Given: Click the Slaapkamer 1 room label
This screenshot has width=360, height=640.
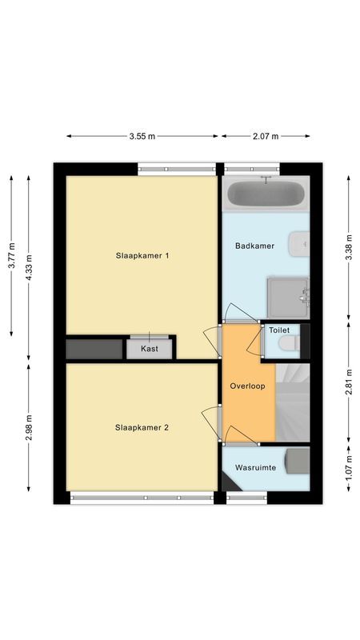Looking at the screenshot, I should pyautogui.click(x=142, y=256).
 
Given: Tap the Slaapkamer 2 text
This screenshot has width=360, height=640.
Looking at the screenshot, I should pyautogui.click(x=142, y=427).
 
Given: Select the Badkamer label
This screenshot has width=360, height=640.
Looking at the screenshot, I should pyautogui.click(x=254, y=246).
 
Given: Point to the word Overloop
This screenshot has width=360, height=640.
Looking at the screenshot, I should pyautogui.click(x=246, y=385).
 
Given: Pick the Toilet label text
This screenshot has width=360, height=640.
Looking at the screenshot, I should pyautogui.click(x=279, y=330).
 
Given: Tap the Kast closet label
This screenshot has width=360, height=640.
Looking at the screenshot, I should pyautogui.click(x=149, y=349).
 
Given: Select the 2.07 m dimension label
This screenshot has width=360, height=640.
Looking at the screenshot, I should pyautogui.click(x=265, y=137).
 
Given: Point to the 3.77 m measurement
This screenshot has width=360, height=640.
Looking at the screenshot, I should pyautogui.click(x=11, y=258).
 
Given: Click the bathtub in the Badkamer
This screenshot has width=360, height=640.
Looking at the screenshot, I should pyautogui.click(x=265, y=194).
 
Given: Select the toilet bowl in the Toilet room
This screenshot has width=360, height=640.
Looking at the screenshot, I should pyautogui.click(x=286, y=343).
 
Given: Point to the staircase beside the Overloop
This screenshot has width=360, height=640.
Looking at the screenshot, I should pyautogui.click(x=292, y=402).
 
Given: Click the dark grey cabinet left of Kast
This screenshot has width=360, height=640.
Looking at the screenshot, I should pyautogui.click(x=93, y=349).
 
